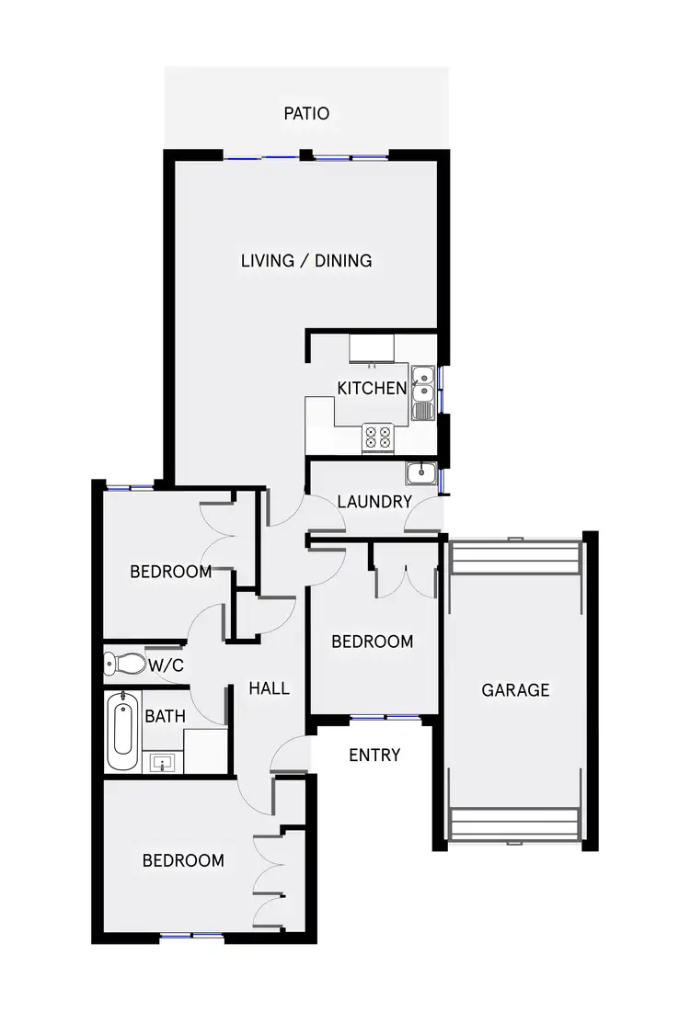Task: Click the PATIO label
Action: tap(306, 114)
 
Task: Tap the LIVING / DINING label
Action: tap(306, 261)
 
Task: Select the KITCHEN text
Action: tap(372, 388)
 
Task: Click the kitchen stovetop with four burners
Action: tap(377, 437)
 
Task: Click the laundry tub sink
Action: tap(420, 473)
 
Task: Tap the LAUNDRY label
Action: tap(374, 502)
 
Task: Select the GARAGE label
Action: tap(515, 689)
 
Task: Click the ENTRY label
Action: tap(374, 756)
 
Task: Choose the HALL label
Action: tap(270, 687)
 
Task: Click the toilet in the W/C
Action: tap(123, 663)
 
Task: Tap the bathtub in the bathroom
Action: tap(121, 731)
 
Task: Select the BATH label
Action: tap(166, 716)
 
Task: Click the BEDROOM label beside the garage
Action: tap(372, 642)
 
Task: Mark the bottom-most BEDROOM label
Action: tap(183, 861)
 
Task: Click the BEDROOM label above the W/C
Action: tap(170, 572)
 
